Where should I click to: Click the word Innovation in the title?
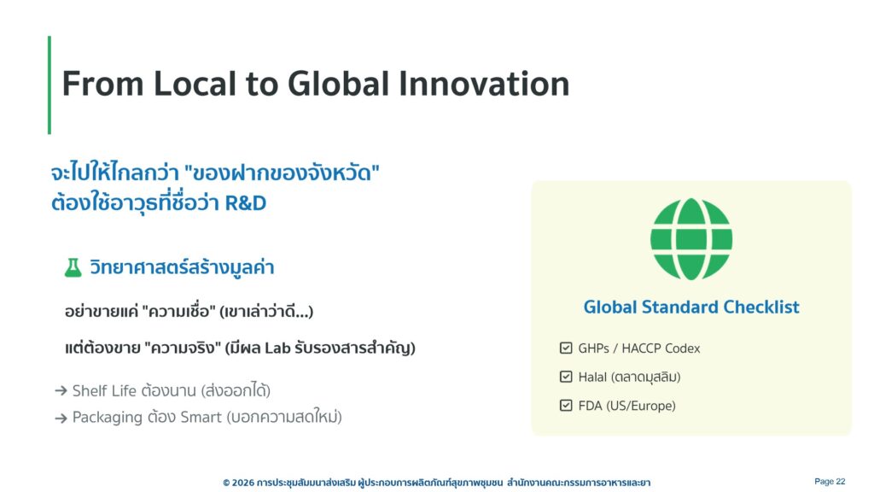click(x=484, y=84)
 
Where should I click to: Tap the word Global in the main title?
click(x=338, y=84)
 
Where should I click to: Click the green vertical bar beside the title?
click(x=50, y=85)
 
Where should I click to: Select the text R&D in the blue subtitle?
click(x=246, y=203)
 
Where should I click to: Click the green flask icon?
click(x=73, y=267)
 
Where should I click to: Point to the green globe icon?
click(x=691, y=239)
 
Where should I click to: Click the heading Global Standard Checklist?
click(x=691, y=307)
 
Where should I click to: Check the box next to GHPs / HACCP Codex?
click(x=566, y=348)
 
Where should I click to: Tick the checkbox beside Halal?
click(x=566, y=377)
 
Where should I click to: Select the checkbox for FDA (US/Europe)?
click(x=566, y=406)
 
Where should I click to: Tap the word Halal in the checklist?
click(x=592, y=377)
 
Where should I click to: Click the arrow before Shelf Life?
click(x=61, y=391)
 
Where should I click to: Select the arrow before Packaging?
click(x=61, y=418)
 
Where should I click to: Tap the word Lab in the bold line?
click(x=277, y=348)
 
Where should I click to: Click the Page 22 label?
click(x=830, y=482)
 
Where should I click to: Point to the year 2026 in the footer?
click(x=242, y=483)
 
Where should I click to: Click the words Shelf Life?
click(x=104, y=390)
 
